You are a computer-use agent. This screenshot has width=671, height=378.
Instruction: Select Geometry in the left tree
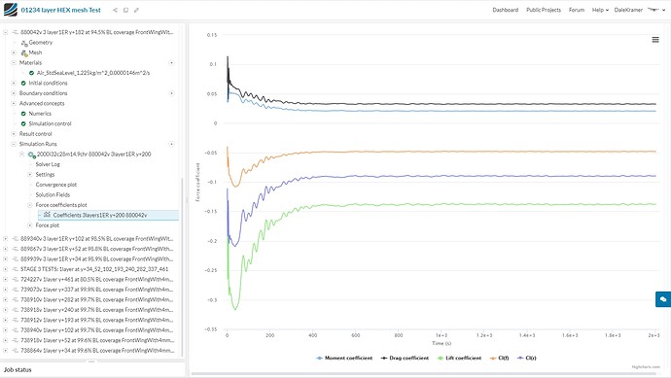pyautogui.click(x=41, y=43)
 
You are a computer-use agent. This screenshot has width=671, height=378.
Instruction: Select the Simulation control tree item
pyautogui.click(x=56, y=123)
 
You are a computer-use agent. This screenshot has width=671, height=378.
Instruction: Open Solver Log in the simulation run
pyautogui.click(x=49, y=164)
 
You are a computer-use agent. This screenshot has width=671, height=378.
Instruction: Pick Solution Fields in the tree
pyautogui.click(x=53, y=194)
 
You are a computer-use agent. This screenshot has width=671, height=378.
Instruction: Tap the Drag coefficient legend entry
pyautogui.click(x=398, y=358)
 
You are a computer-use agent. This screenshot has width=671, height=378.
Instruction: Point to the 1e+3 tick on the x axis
pyautogui.click(x=441, y=335)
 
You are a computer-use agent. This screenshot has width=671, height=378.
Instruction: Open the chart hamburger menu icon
pyautogui.click(x=655, y=39)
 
